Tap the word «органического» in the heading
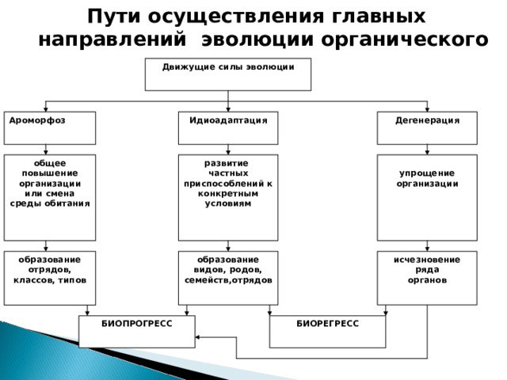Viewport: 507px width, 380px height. [405, 40]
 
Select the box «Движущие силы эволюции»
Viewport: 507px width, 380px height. [228, 74]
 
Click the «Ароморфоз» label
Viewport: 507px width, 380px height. [37, 120]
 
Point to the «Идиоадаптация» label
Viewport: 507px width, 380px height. [228, 120]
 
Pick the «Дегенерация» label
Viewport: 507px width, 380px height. [427, 120]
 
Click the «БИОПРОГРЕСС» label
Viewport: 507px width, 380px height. [137, 324]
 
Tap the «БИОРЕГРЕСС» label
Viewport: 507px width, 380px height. [327, 324]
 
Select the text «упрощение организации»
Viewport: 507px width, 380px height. [427, 178]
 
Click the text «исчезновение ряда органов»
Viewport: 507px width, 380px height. [427, 270]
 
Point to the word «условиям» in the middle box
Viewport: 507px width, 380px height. [228, 204]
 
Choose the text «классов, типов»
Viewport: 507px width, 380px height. [50, 280]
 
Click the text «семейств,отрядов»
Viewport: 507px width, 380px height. [228, 280]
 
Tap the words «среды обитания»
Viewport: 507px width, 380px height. [50, 204]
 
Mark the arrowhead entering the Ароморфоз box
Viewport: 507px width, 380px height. [46, 109]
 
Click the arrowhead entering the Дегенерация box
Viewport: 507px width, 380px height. [427, 109]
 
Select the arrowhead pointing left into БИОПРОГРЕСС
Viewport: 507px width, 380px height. [197, 337]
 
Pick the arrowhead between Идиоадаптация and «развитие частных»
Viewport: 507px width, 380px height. [228, 152]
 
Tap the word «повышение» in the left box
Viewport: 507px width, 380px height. [50, 173]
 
